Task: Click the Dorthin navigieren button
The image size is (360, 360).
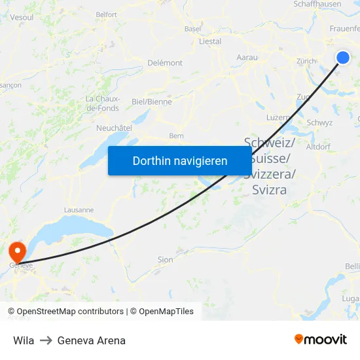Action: (180, 160)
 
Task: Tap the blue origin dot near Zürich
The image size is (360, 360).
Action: (343, 58)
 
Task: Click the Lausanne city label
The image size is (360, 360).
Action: (79, 210)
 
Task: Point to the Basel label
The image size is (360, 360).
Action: (193, 29)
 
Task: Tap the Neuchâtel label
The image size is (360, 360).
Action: (114, 128)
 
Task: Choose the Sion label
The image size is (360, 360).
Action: (166, 260)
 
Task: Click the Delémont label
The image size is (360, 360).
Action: (165, 63)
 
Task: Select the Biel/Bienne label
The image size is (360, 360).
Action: (152, 102)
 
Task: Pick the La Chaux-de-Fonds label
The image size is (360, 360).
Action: (103, 103)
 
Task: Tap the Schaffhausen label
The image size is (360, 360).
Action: (317, 4)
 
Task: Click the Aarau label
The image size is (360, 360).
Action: (247, 58)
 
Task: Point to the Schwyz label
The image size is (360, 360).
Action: (319, 122)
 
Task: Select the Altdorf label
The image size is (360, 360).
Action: (318, 147)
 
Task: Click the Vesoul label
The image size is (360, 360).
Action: (22, 17)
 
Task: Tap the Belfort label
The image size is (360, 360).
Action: (106, 14)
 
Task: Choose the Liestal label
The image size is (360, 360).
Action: (210, 41)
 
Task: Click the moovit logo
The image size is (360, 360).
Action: (321, 339)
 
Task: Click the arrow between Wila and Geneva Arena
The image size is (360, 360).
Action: (46, 340)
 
